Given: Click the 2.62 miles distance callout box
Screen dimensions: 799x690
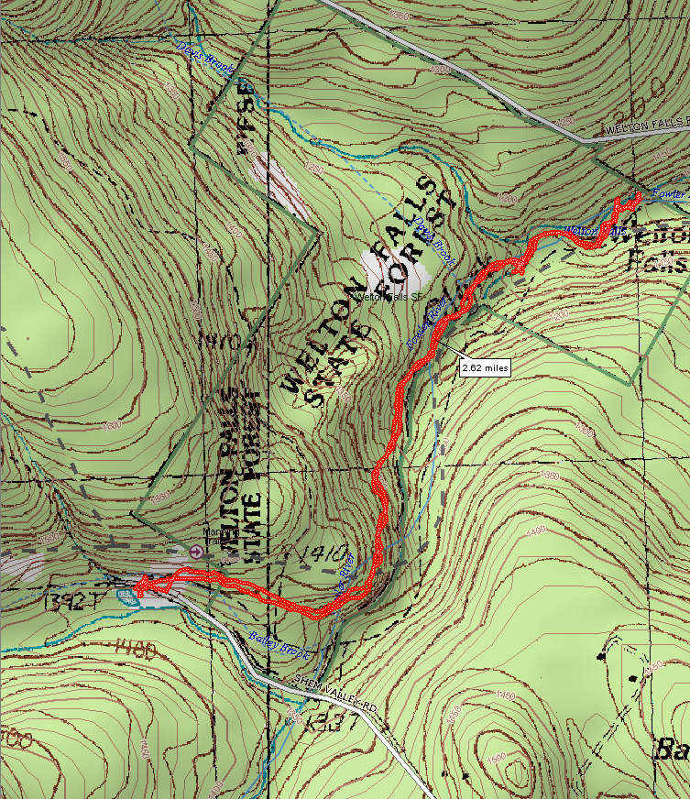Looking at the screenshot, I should (484, 367).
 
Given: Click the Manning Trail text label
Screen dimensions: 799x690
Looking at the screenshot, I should (217, 536).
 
